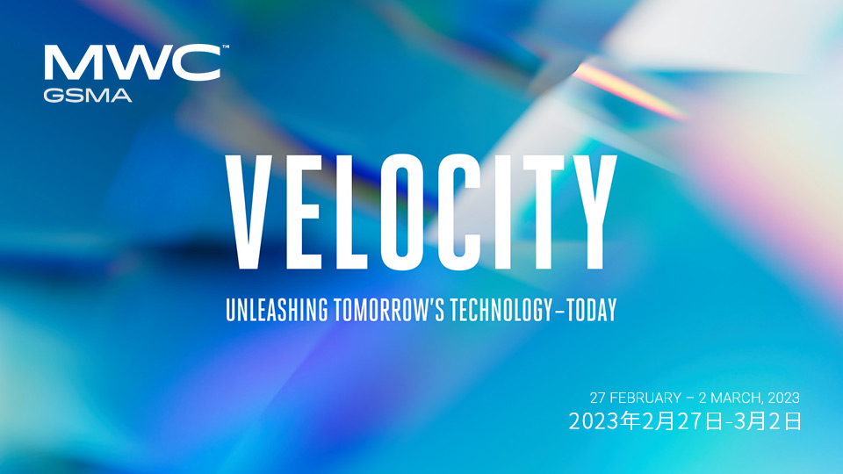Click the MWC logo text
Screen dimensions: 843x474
(x=133, y=63)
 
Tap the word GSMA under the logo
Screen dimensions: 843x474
(x=88, y=96)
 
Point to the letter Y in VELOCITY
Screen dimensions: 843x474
(x=592, y=212)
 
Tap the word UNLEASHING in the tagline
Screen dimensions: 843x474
(x=277, y=310)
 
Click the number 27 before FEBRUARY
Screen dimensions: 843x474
(x=598, y=398)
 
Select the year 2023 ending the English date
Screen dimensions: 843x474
(x=783, y=398)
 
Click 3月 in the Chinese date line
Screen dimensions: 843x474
(x=750, y=421)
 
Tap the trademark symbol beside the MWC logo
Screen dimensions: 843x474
(x=226, y=47)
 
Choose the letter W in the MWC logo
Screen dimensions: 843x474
(x=135, y=63)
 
